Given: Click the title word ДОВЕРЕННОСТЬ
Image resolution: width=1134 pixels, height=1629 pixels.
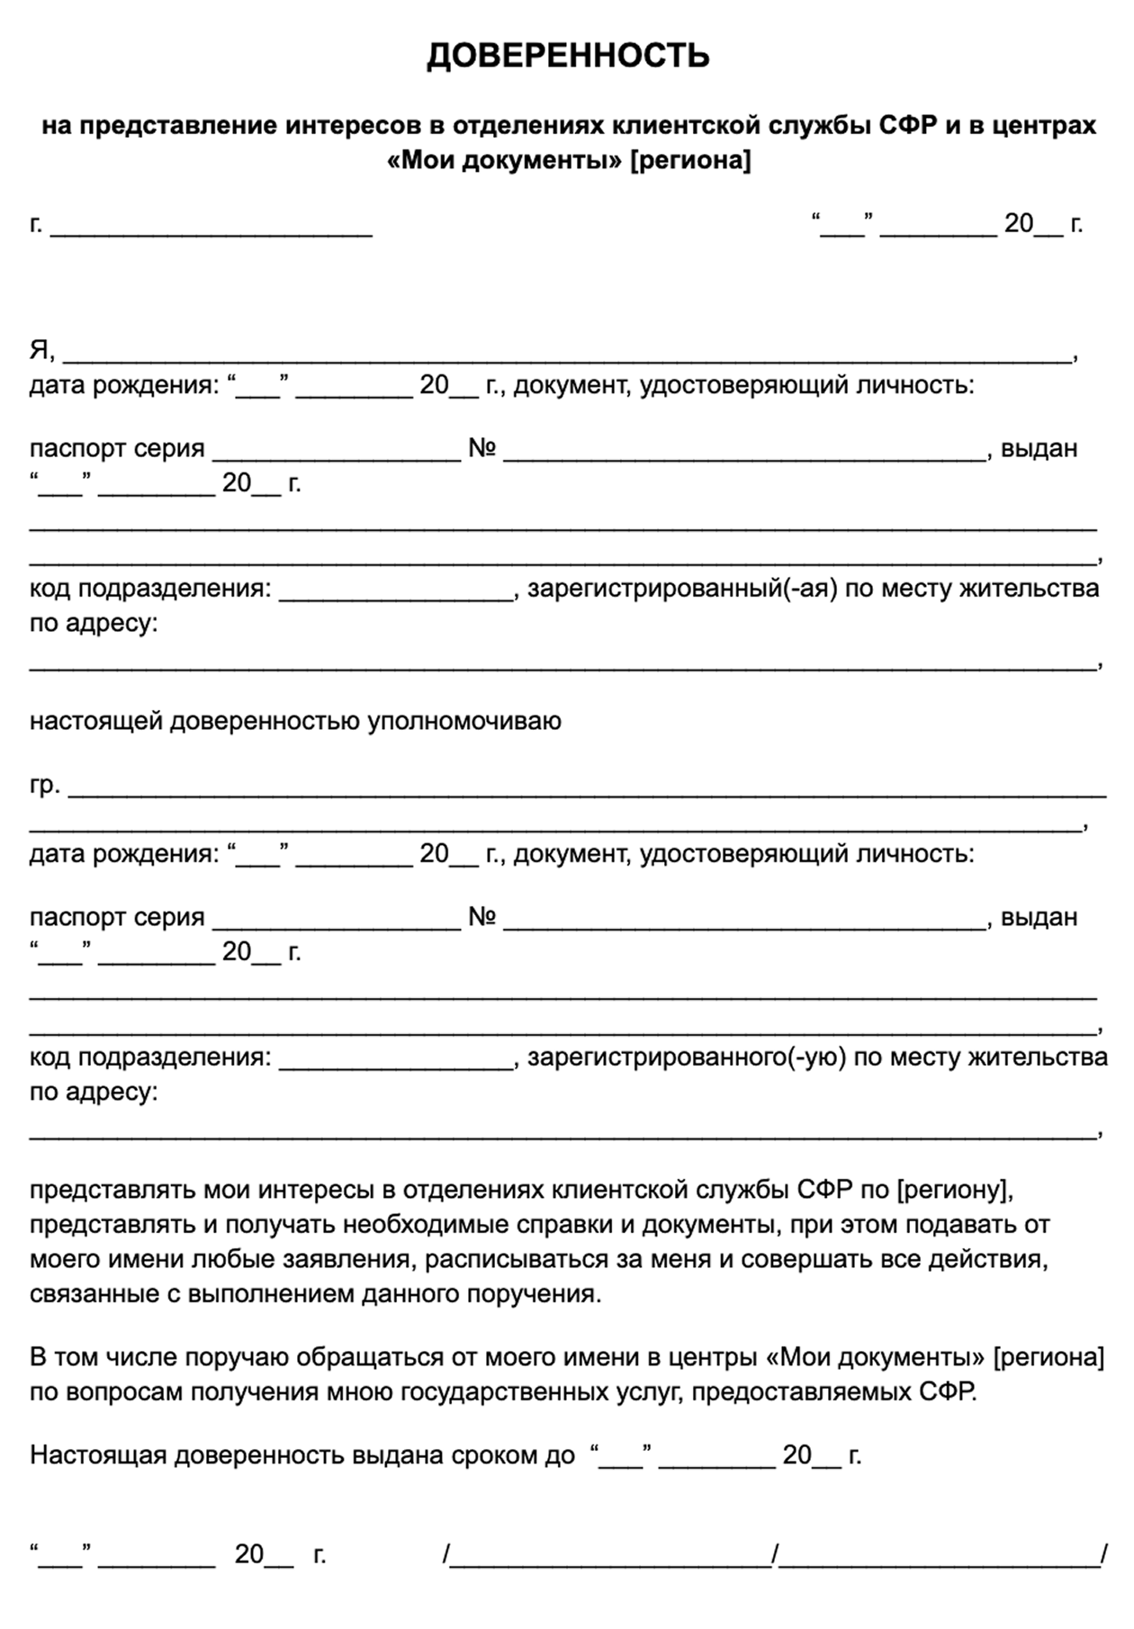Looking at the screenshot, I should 568,56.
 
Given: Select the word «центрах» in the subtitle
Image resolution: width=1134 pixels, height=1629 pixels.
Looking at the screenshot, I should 1044,125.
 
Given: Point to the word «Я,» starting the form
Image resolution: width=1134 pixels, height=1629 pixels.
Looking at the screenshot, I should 42,349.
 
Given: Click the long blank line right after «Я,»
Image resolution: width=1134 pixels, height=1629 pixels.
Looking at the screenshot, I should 567,354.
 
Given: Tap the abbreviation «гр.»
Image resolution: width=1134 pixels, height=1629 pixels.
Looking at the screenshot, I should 45,785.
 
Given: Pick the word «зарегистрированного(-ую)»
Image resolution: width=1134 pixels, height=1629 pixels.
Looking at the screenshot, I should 687,1057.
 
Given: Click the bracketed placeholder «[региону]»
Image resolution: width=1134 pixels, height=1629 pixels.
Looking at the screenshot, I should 955,1190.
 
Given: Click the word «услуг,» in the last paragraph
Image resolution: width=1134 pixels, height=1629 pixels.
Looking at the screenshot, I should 641,1392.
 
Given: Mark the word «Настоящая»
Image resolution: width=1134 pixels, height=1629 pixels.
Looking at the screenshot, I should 98,1455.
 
